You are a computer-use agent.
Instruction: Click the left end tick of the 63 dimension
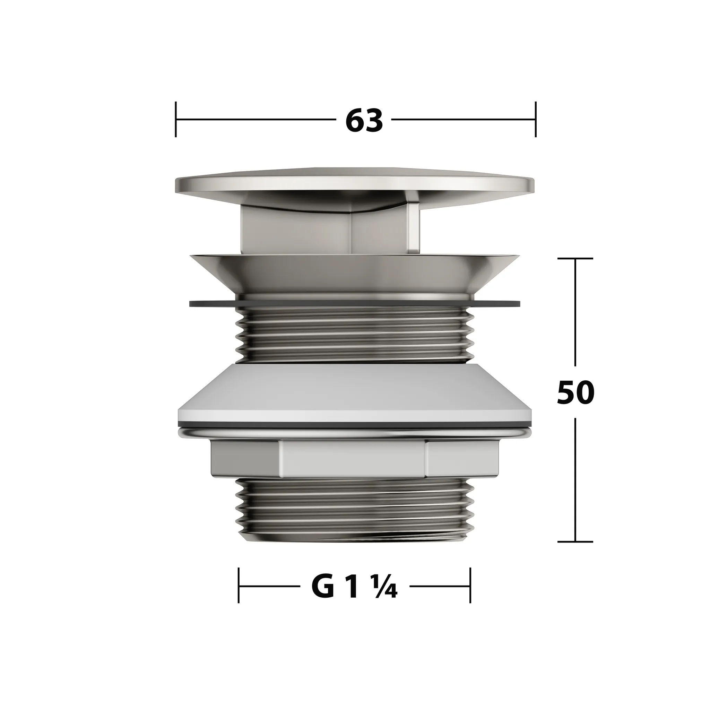pyautogui.click(x=176, y=120)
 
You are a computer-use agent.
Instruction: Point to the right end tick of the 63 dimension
pyautogui.click(x=535, y=120)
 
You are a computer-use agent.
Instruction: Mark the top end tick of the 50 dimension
pyautogui.click(x=575, y=258)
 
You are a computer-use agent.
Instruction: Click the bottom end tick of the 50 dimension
pyautogui.click(x=575, y=542)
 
